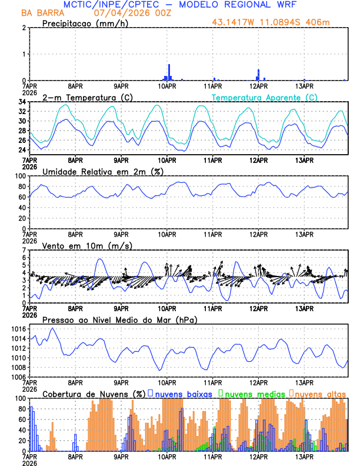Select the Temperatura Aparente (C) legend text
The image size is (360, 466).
point(264,97)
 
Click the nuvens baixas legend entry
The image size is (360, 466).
point(183,393)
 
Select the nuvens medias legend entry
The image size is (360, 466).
point(254,393)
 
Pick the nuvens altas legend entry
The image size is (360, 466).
point(320,393)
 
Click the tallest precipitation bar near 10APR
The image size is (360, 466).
point(169,72)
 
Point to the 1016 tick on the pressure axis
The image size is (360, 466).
point(21,329)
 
